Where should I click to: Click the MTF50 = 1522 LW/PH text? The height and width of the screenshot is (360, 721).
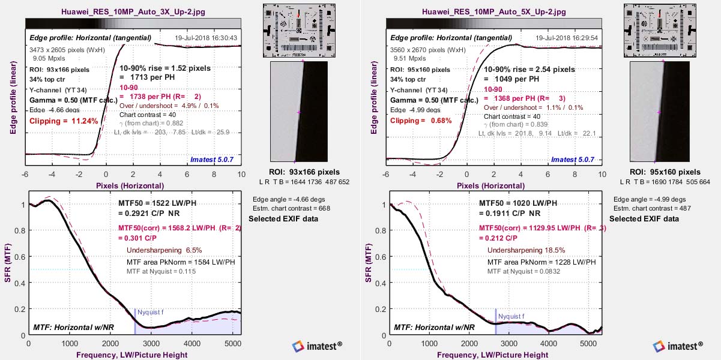pos(156,203)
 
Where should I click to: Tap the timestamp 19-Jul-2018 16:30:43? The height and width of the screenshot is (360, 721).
pos(206,38)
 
